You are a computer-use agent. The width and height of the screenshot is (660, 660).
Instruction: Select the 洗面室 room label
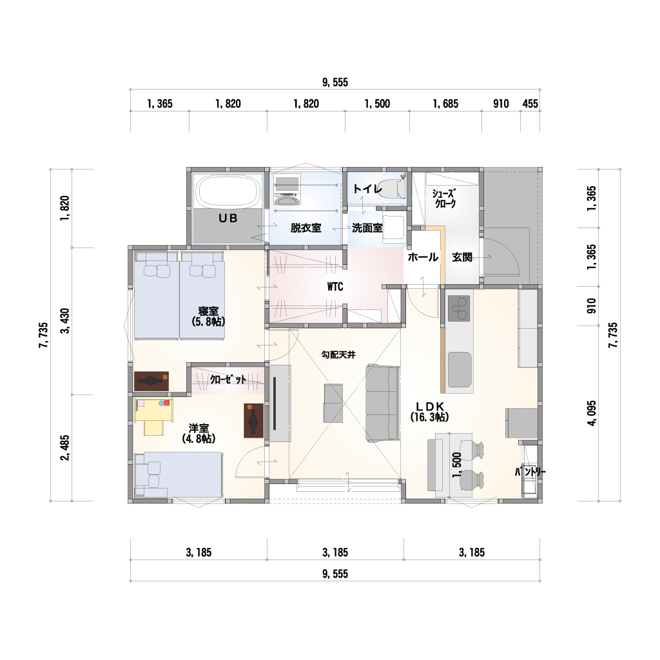pyautogui.click(x=367, y=228)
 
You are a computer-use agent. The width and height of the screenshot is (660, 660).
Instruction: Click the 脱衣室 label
pyautogui.click(x=306, y=228)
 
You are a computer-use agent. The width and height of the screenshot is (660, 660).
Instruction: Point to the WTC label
pyautogui.click(x=335, y=287)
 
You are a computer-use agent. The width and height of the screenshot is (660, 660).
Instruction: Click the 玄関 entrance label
pyautogui.click(x=462, y=257)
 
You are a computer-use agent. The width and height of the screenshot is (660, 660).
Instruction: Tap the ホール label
pyautogui.click(x=423, y=257)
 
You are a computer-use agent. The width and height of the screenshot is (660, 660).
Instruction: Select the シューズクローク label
pyautogui.click(x=445, y=199)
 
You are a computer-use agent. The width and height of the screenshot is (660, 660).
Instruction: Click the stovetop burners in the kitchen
pyautogui.click(x=458, y=309)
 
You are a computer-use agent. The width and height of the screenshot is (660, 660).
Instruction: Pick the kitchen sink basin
pyautogui.click(x=459, y=369)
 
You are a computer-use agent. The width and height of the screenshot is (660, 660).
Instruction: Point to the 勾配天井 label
pyautogui.click(x=338, y=355)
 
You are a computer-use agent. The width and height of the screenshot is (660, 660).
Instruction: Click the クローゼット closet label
pyautogui.click(x=228, y=380)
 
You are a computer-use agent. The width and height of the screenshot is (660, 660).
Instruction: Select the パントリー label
pyautogui.click(x=530, y=472)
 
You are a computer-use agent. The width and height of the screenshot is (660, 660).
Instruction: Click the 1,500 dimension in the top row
pyautogui.click(x=377, y=104)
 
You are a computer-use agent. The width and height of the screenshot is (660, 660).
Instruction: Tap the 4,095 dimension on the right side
pyautogui.click(x=592, y=413)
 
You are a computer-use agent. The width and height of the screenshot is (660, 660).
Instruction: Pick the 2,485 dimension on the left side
pyautogui.click(x=65, y=448)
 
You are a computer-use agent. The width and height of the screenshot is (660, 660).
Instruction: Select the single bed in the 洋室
pyautogui.click(x=179, y=475)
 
